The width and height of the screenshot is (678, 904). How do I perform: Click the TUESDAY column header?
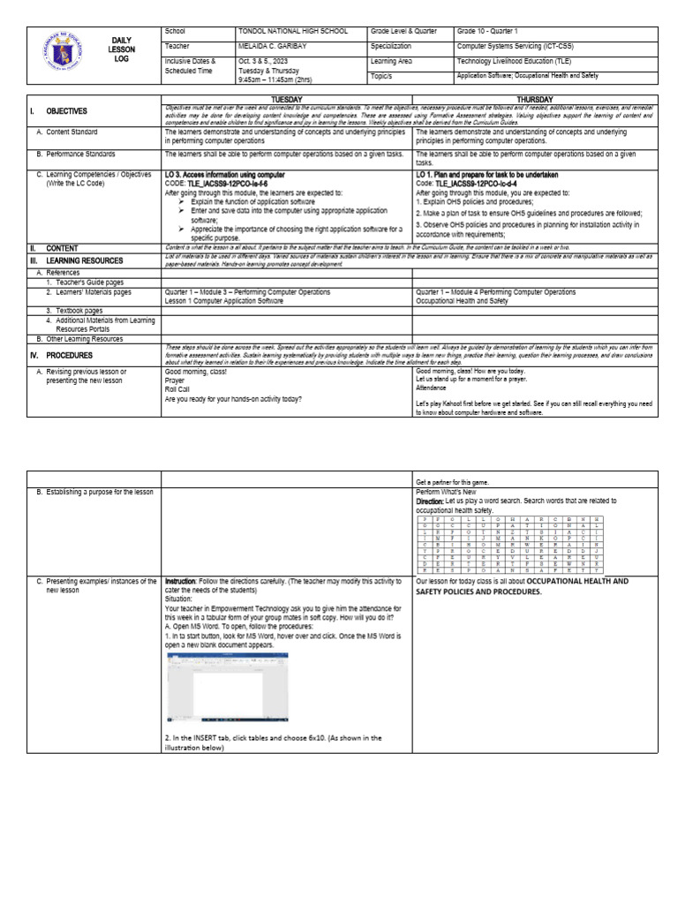point(288,100)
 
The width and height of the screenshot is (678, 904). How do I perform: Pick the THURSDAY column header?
point(535,100)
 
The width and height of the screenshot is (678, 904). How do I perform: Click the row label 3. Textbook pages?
point(74,311)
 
